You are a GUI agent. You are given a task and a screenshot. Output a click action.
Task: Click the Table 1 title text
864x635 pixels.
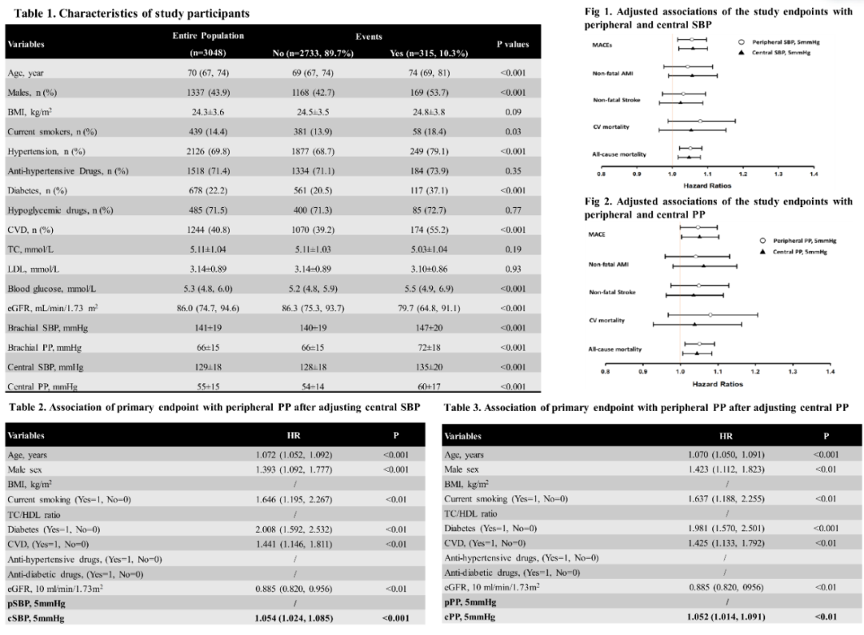[128, 14]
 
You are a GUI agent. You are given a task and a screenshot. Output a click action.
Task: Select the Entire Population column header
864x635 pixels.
[208, 37]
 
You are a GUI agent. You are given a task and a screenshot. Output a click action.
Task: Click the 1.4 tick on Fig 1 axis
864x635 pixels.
[813, 173]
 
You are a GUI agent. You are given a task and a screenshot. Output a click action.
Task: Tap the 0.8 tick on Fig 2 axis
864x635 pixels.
[606, 371]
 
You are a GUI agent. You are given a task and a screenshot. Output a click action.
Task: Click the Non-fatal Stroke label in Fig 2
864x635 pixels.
[612, 292]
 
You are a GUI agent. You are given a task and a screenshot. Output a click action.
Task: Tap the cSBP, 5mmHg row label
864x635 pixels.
[38, 617]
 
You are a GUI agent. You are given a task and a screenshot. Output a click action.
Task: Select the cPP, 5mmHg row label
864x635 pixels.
[470, 617]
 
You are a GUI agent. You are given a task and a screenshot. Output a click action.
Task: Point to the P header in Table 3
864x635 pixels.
[826, 436]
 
